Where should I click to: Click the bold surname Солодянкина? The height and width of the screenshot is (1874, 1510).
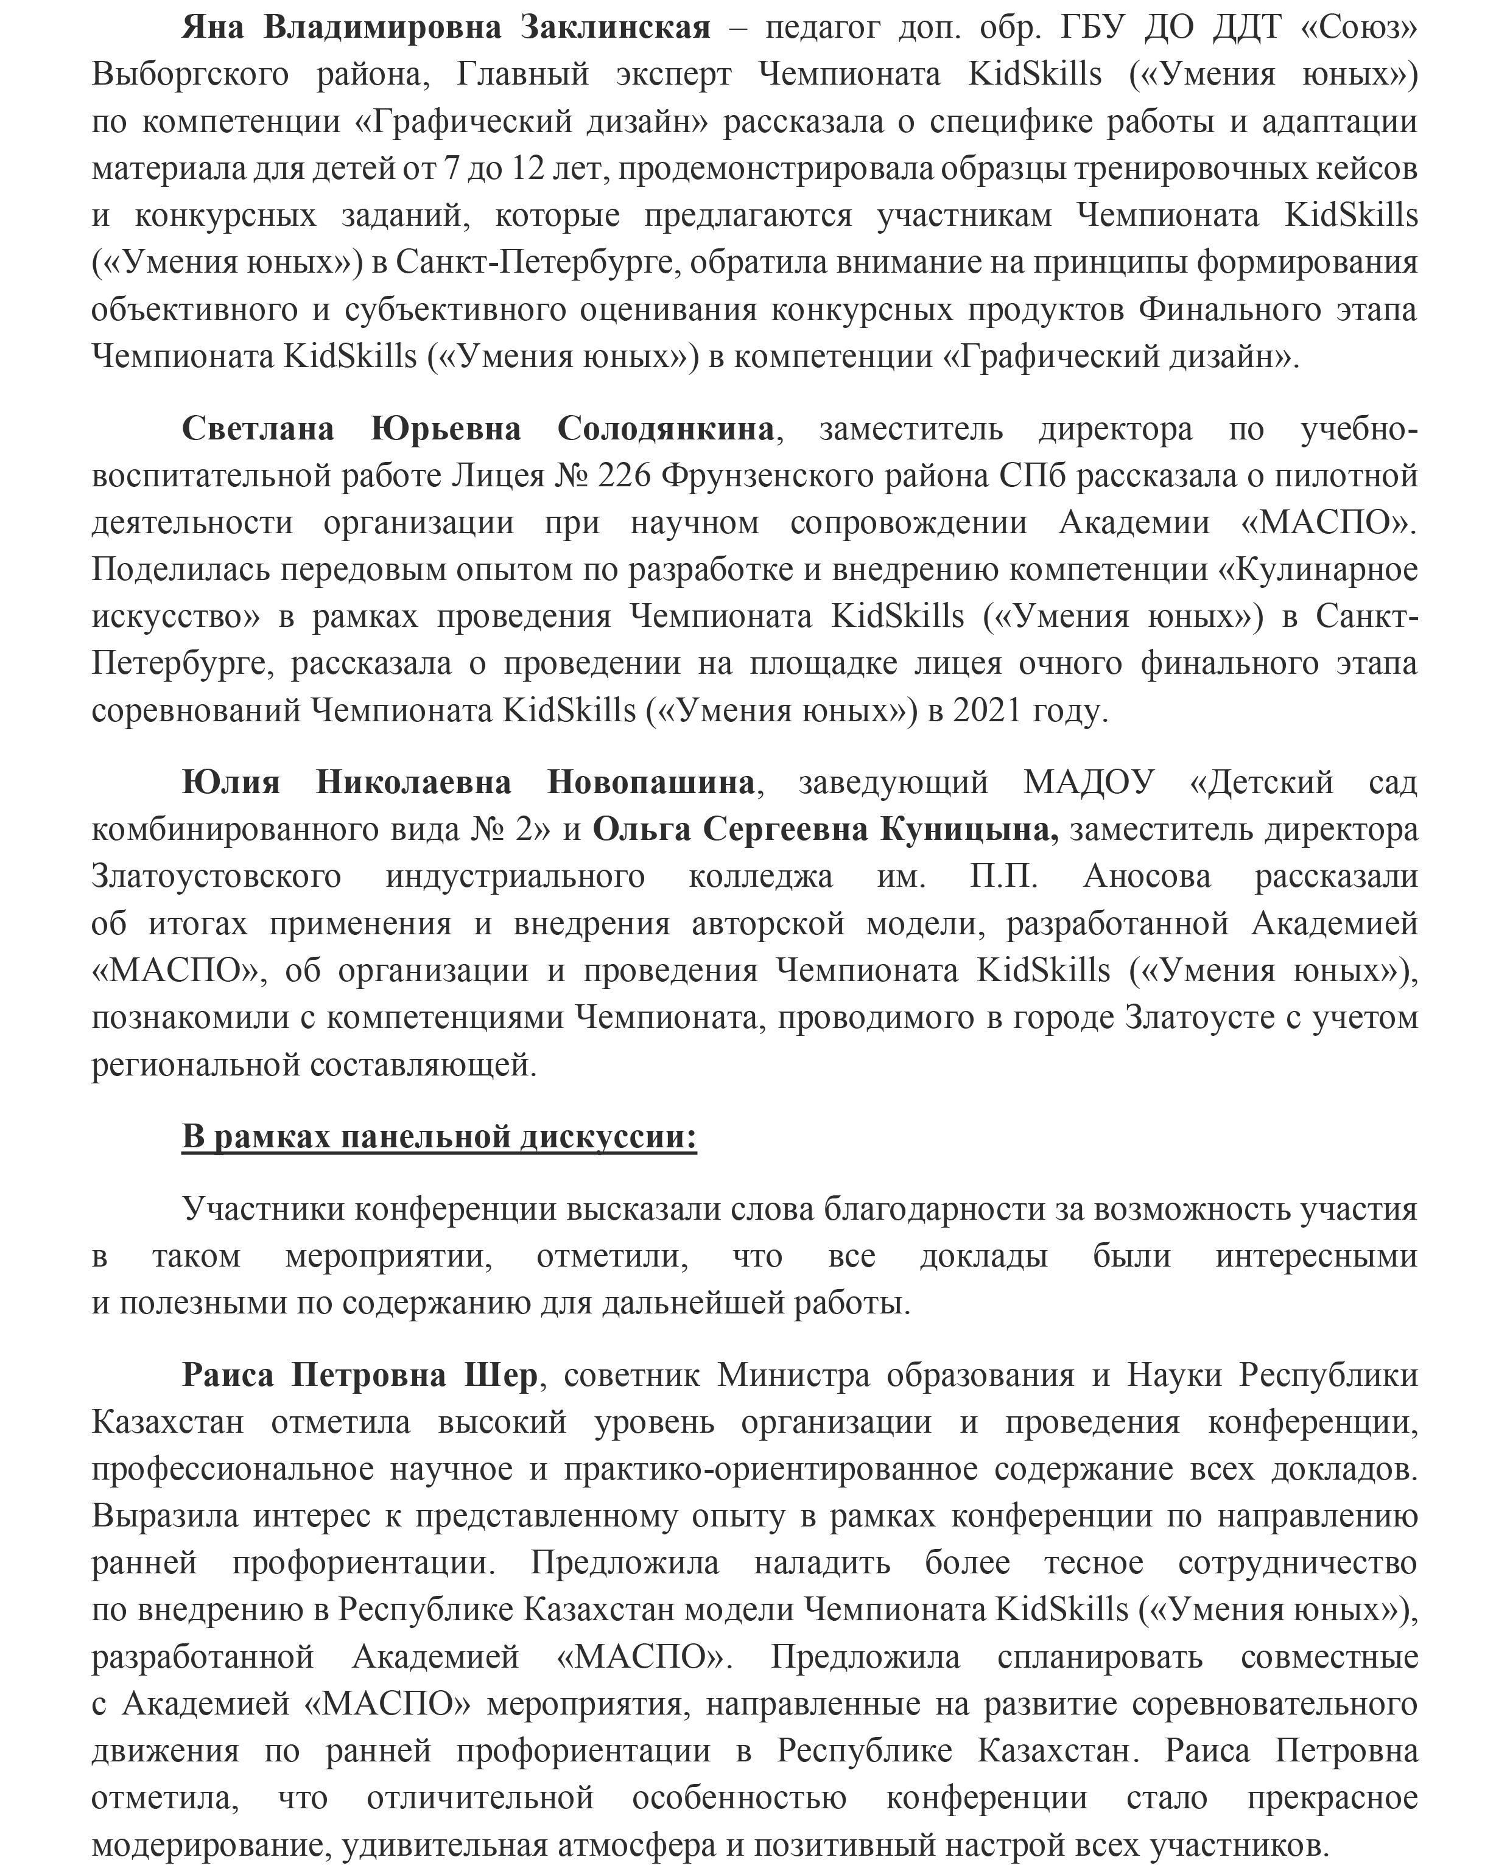(x=665, y=428)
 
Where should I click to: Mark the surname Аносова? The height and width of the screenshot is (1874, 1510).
(x=1147, y=876)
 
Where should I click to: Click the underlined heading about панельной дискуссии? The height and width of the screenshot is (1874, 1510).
(x=439, y=1136)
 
